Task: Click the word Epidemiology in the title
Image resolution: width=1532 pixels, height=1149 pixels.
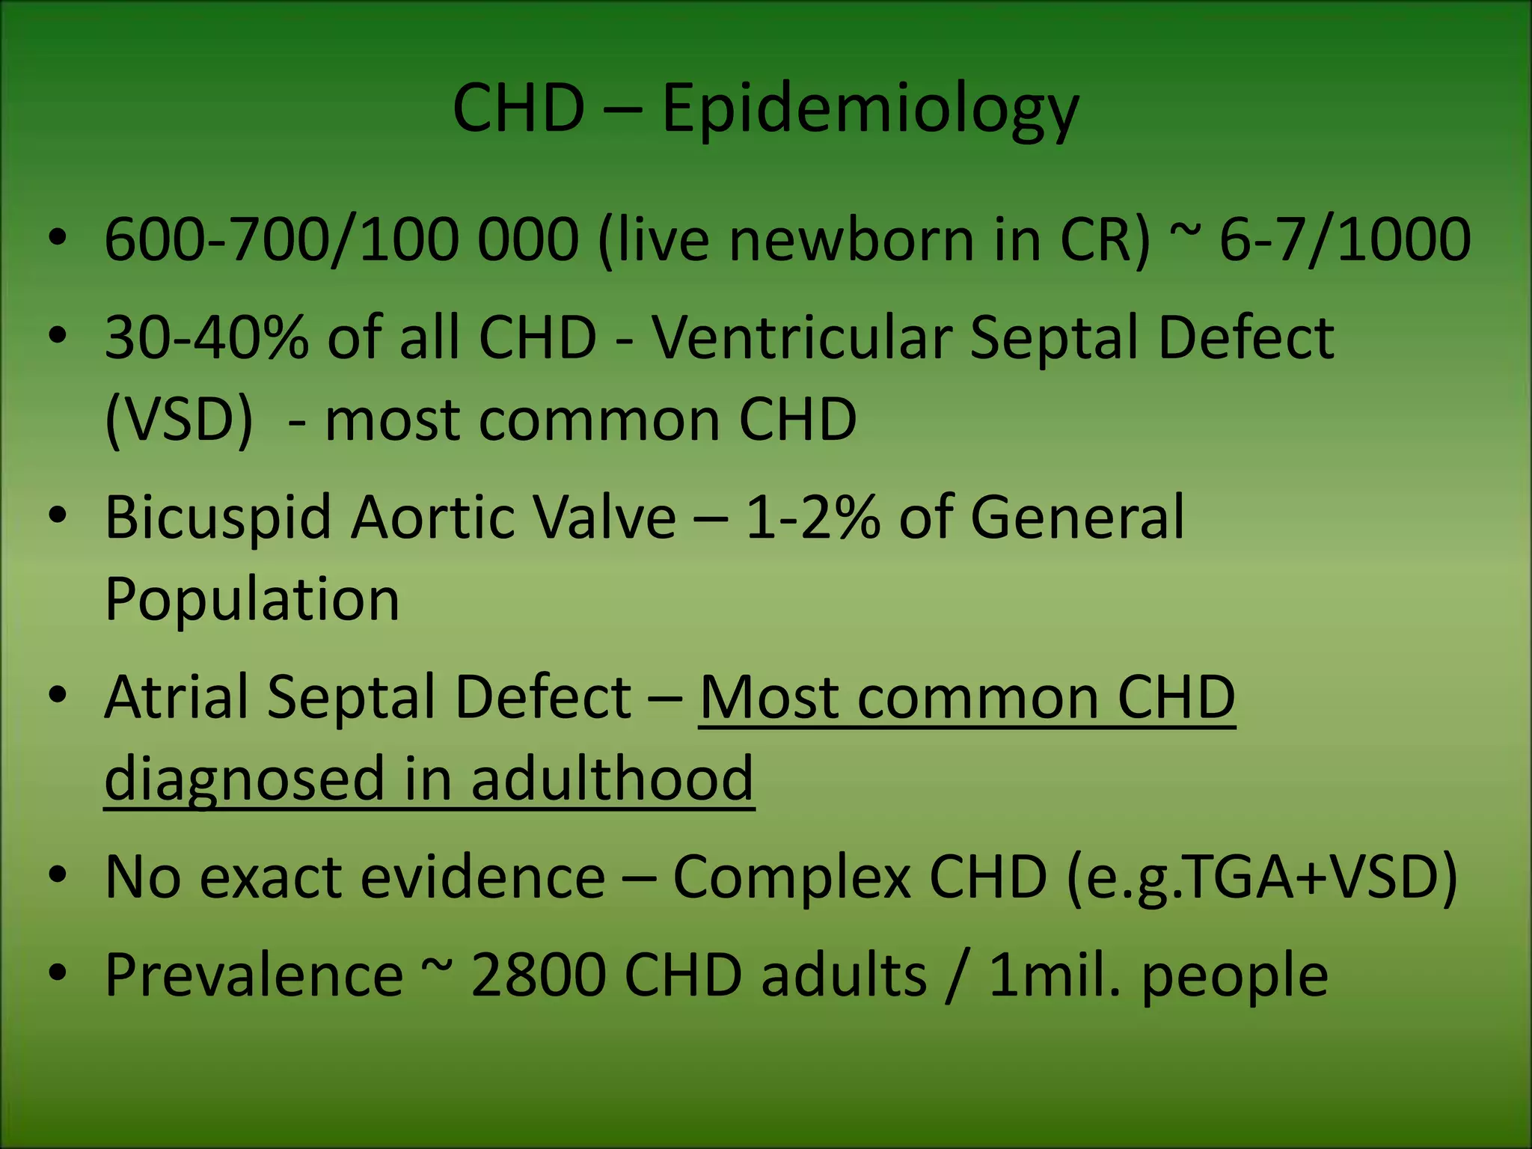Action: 870,110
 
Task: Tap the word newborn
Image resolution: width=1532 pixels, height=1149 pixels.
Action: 852,240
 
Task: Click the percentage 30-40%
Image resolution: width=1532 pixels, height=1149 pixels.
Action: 206,337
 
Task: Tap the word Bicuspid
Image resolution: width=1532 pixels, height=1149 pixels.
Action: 218,517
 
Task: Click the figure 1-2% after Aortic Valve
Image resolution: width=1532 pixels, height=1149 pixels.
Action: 812,517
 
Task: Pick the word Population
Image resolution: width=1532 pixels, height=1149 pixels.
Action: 252,599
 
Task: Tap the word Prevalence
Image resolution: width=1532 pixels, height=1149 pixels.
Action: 254,975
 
